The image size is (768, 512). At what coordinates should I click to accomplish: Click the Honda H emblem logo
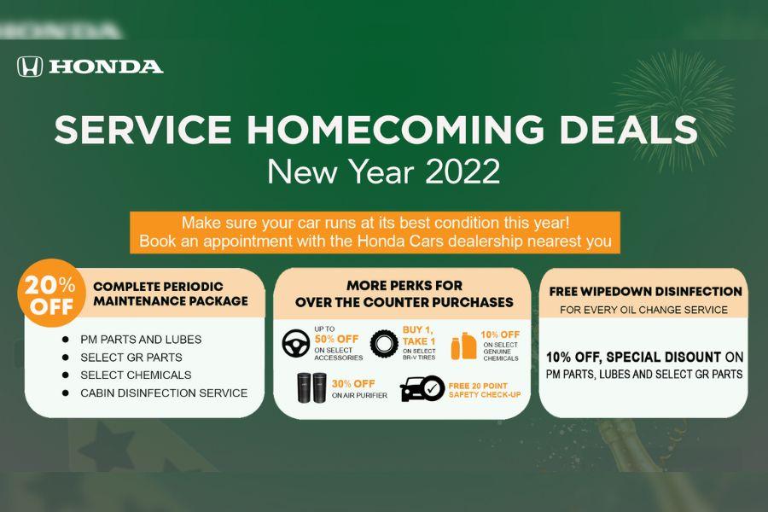tap(30, 67)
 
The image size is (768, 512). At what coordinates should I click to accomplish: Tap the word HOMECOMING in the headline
tap(395, 130)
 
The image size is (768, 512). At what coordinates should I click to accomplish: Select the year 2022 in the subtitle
tap(463, 172)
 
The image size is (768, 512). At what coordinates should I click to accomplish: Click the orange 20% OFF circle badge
tap(50, 294)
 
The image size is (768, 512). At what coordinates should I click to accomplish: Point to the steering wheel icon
tap(296, 343)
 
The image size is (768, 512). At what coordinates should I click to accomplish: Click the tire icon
tap(384, 344)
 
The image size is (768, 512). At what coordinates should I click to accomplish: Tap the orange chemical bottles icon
tap(463, 346)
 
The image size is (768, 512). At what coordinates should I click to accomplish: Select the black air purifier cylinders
tap(312, 387)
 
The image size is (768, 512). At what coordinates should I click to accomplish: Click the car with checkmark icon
tap(422, 388)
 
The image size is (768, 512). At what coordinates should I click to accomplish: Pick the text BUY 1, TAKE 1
tap(419, 335)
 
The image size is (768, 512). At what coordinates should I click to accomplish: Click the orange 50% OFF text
tap(336, 339)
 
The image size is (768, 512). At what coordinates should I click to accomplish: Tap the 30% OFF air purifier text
tap(353, 384)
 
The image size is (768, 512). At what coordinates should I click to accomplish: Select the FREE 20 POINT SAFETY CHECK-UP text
tap(485, 390)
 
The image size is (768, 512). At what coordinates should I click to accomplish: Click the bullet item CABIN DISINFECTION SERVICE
tap(164, 393)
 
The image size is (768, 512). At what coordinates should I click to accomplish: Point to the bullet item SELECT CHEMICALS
tap(136, 375)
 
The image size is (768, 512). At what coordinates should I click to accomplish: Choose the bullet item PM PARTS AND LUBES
tap(141, 339)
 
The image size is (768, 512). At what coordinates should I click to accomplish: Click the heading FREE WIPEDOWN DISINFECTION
tap(646, 292)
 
